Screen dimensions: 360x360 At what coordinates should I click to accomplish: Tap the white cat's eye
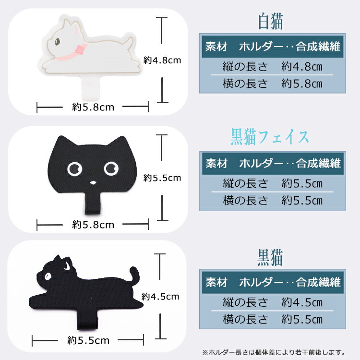click(x=57, y=42)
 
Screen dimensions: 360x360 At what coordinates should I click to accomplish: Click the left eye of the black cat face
click(x=74, y=169)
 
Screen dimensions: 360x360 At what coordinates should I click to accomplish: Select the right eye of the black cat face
click(x=111, y=168)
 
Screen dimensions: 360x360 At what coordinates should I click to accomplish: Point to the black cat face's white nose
click(x=93, y=183)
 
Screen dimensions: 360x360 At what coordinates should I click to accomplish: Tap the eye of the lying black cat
click(x=48, y=276)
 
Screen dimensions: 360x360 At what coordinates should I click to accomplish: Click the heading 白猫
click(x=271, y=22)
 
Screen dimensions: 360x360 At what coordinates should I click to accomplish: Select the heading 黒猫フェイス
click(x=270, y=137)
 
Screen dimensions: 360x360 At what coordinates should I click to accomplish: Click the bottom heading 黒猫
click(x=270, y=258)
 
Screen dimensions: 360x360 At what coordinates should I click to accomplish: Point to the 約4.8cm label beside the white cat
click(x=162, y=60)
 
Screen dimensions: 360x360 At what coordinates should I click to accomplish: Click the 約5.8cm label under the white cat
click(x=93, y=107)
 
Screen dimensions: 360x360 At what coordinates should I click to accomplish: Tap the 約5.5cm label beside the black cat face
click(x=162, y=178)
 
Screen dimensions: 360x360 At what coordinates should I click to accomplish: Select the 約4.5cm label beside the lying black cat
click(x=160, y=297)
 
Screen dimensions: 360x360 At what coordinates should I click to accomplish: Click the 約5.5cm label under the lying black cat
click(x=88, y=340)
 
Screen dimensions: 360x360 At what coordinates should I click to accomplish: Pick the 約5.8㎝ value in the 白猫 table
click(x=302, y=84)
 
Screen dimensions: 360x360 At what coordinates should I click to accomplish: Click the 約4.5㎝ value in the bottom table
click(x=302, y=302)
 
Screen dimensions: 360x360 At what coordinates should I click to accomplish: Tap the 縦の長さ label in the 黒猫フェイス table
click(x=245, y=184)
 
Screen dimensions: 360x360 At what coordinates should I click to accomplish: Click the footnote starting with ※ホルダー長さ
click(x=274, y=352)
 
